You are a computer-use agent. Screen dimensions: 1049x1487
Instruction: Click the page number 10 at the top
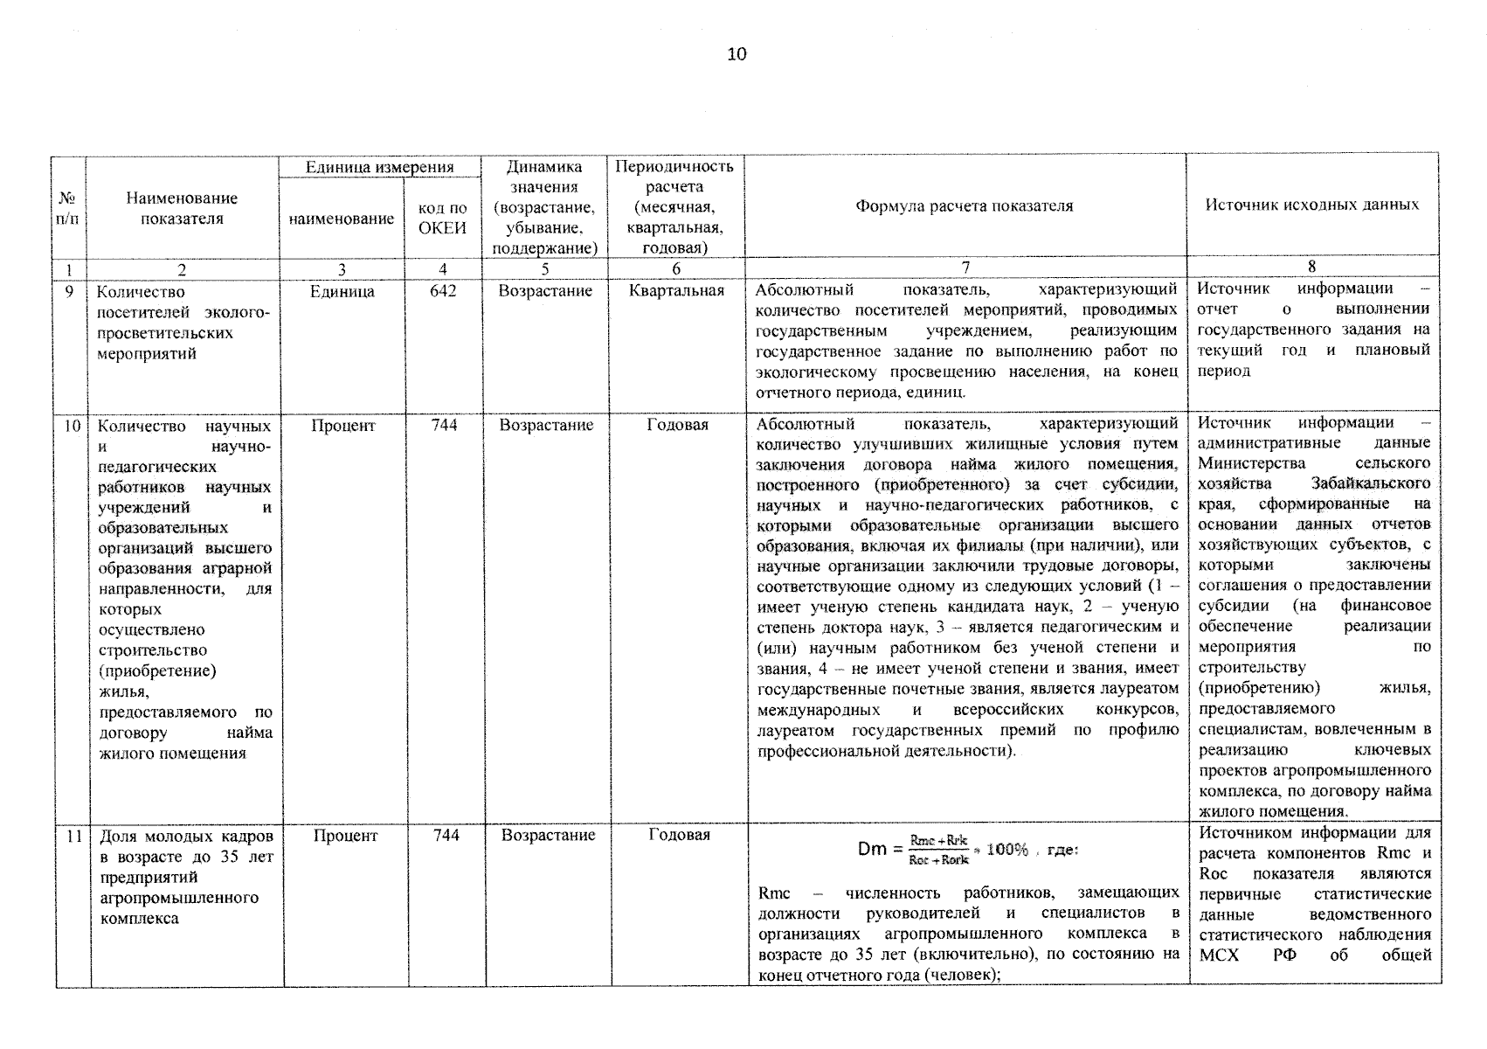[x=737, y=54]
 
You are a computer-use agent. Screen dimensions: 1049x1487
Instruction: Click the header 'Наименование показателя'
[x=182, y=208]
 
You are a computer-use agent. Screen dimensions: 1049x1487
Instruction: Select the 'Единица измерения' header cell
[x=379, y=167]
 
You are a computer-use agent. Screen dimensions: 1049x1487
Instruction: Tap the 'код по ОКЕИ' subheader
[x=442, y=219]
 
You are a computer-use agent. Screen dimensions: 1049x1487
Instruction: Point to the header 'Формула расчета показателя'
[x=964, y=206]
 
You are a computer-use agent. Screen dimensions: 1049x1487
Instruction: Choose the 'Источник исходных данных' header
[x=1311, y=205]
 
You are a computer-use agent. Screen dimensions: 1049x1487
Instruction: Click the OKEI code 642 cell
[x=443, y=291]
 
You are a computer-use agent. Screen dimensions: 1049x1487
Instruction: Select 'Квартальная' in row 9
[x=676, y=291]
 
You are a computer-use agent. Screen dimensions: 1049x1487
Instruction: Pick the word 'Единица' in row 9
[x=342, y=291]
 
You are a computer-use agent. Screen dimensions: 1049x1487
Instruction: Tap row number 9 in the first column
[x=69, y=291]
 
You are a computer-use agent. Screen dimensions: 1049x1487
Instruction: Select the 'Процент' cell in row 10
[x=342, y=426]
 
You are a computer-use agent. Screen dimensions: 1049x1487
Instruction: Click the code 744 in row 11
[x=446, y=836]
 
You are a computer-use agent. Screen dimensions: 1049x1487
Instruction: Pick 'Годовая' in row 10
[x=677, y=426]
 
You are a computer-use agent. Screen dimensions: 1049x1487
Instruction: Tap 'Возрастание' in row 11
[x=548, y=836]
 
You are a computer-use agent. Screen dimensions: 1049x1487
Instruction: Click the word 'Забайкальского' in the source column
[x=1370, y=483]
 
